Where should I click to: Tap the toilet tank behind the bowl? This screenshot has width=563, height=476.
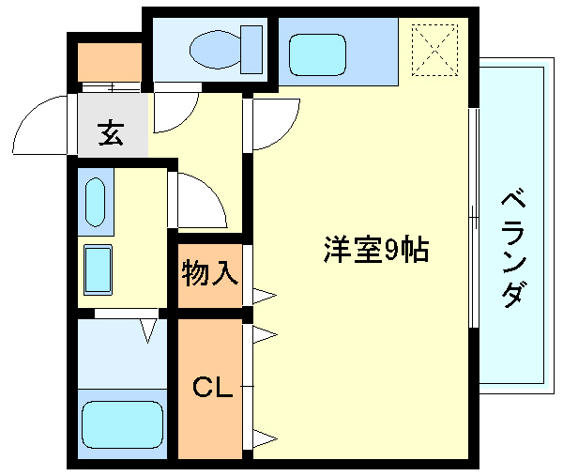pos(251,46)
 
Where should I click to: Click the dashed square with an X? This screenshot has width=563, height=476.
pos(433,47)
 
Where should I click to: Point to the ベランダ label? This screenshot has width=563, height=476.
pos(511,249)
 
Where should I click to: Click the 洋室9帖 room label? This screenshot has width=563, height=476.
pos(375,250)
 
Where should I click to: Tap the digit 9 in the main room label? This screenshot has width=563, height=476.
pos(390,250)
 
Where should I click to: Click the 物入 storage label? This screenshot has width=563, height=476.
pos(209,275)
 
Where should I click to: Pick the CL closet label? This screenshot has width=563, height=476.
pos(211,387)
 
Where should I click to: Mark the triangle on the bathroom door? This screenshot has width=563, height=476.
pos(148,330)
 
